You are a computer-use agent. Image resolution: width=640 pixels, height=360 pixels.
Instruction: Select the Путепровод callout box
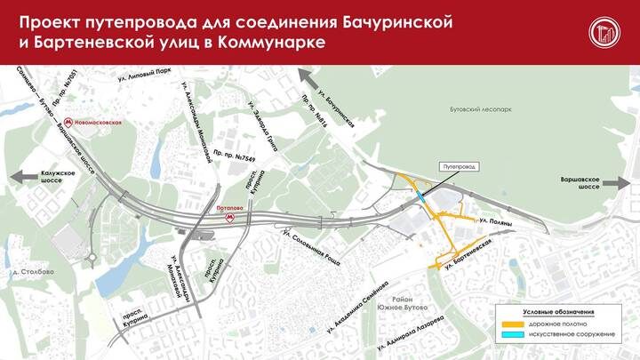460,165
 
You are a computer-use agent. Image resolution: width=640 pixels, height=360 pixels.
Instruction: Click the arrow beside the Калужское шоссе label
20,177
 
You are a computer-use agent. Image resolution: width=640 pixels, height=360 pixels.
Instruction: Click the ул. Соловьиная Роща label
311,245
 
